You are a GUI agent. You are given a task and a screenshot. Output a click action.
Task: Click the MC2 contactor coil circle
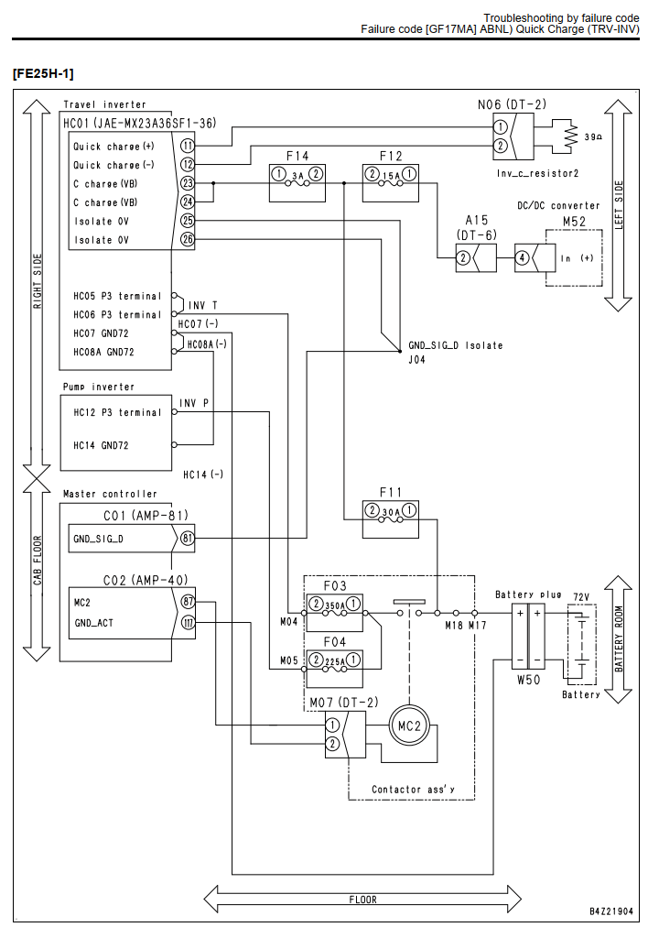click(409, 725)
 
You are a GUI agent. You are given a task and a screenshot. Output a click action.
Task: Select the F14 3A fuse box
click(297, 183)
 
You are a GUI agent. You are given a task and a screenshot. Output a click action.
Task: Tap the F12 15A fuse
click(390, 183)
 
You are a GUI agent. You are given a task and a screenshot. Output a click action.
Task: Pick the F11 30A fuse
click(390, 519)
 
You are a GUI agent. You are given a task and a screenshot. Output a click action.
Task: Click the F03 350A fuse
click(334, 613)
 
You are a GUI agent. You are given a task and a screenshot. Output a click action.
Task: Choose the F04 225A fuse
click(334, 669)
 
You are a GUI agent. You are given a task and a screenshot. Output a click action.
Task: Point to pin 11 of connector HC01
click(188, 146)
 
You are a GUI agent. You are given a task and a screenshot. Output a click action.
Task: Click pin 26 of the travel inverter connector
click(188, 239)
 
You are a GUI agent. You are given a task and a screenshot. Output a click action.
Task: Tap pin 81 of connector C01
click(188, 538)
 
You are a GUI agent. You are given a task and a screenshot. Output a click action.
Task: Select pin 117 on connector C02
click(188, 623)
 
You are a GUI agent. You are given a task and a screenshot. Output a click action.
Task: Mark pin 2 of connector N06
click(501, 146)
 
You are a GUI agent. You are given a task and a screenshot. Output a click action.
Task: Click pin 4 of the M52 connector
click(523, 257)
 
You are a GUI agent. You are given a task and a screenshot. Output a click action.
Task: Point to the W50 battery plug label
click(528, 681)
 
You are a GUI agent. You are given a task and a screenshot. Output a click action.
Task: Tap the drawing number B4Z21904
click(611, 911)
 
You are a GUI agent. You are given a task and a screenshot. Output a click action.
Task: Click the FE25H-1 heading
click(43, 73)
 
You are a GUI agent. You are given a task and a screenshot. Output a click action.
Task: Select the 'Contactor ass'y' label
click(413, 789)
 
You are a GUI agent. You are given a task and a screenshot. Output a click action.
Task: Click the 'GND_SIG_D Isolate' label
click(456, 345)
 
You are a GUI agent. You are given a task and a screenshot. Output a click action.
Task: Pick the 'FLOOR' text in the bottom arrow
click(363, 900)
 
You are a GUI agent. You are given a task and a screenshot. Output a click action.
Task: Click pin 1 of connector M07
click(332, 725)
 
